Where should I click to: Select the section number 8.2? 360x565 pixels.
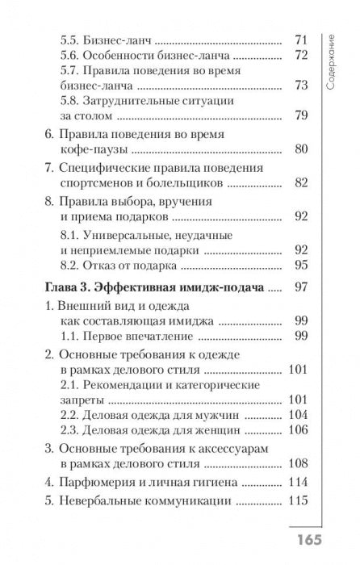(76, 265)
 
